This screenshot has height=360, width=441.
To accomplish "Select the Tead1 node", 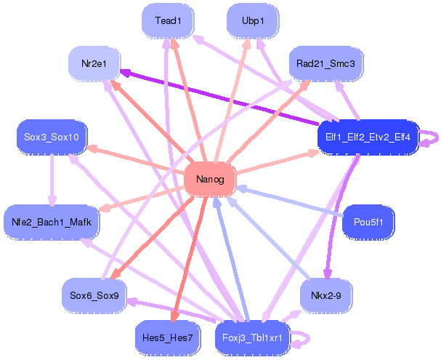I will tap(168, 21).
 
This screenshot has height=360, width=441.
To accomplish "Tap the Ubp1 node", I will tap(253, 21).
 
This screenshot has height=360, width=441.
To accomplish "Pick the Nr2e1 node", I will tap(94, 64).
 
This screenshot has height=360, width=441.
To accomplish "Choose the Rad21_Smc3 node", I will tap(325, 64).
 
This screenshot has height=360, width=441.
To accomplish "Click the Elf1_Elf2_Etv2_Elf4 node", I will tap(368, 137).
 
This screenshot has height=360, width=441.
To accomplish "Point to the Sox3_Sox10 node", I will tap(52, 137).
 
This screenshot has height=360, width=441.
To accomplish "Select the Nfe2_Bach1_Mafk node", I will tap(52, 222).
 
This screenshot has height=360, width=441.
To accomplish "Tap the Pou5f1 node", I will tap(368, 222).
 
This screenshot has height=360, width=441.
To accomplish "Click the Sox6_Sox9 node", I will tap(94, 295).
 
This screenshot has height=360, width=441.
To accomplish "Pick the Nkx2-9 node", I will tap(325, 295).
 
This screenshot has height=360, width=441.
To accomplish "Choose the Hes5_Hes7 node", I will tap(168, 337).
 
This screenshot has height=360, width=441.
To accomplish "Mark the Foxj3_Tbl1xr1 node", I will tap(253, 337).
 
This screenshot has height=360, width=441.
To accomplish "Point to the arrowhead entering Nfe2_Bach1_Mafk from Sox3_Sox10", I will tap(52, 200).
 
